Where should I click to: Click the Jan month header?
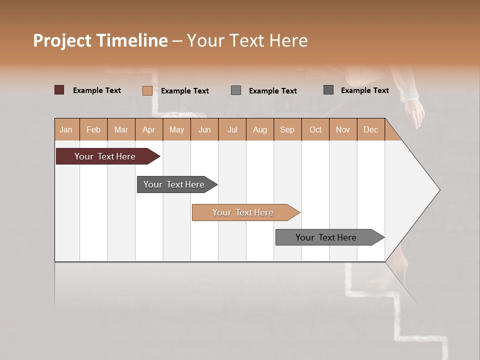[66, 129]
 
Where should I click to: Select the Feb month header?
[93, 129]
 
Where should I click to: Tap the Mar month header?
[121, 129]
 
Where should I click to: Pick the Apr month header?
[149, 129]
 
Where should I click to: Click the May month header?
[176, 129]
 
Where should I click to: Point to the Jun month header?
[204, 129]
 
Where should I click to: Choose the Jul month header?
[232, 129]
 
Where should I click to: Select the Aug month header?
[260, 129]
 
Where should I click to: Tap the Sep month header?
[287, 129]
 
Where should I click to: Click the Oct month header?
[315, 129]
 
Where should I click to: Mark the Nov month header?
[343, 129]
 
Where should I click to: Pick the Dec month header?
[370, 129]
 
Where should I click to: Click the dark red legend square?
[59, 90]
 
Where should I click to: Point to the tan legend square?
[147, 90]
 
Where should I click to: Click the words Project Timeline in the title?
[100, 40]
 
